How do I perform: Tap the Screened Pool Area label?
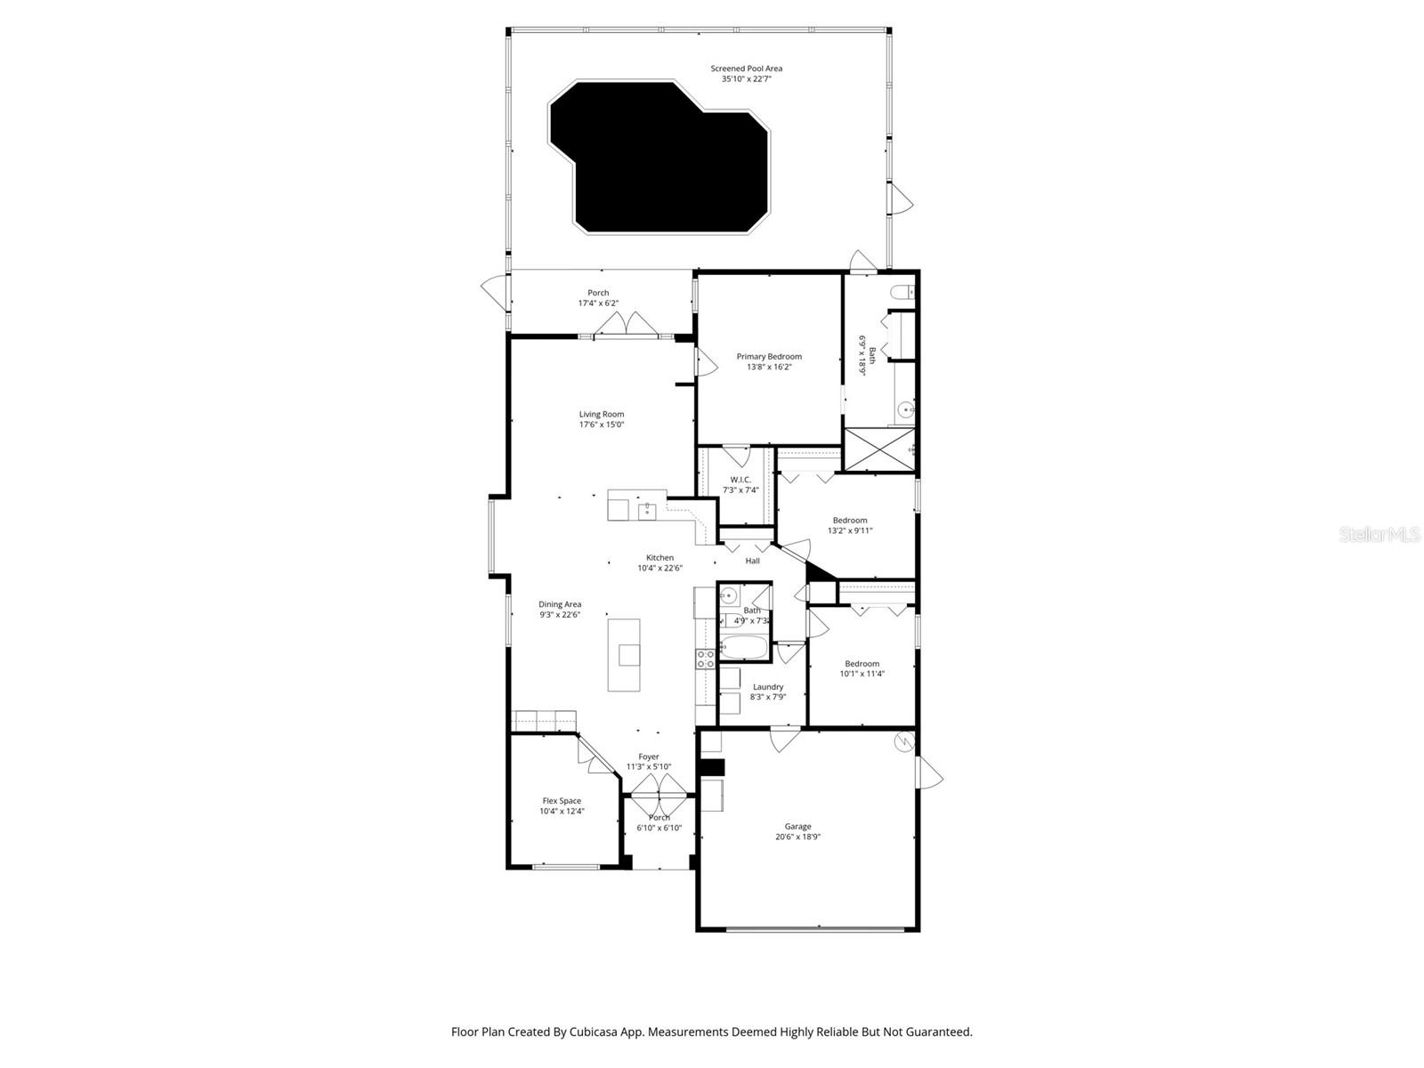746,69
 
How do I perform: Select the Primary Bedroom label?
769,356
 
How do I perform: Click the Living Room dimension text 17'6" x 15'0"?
602,425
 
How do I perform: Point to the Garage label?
797,826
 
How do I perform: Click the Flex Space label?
562,801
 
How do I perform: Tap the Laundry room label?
768,687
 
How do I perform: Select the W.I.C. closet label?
740,480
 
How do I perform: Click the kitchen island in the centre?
624,655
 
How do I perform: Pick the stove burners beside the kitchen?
705,659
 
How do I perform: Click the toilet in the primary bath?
902,290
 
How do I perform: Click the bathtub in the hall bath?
743,649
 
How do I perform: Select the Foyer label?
649,756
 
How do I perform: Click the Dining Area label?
560,604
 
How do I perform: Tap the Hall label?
753,561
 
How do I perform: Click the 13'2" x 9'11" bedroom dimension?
850,530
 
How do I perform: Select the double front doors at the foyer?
659,784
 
